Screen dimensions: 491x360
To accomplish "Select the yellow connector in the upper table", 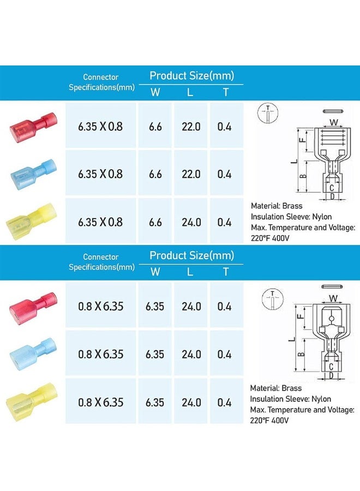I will (31, 221).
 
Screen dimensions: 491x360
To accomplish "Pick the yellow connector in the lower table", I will (32, 403).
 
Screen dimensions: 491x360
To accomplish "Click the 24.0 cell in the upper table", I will (191, 223).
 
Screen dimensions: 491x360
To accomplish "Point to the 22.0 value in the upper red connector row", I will (191, 127).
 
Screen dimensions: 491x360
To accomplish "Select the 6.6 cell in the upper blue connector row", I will (155, 175).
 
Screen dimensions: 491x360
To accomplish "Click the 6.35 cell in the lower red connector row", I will (155, 307).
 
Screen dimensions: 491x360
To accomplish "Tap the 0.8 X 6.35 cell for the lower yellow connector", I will (100, 403).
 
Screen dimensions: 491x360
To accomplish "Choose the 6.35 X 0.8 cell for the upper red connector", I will (100, 127).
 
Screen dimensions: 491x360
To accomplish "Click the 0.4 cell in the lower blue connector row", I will (225, 355).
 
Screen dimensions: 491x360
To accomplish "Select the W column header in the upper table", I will (155, 92).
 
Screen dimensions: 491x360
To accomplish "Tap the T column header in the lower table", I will (225, 271).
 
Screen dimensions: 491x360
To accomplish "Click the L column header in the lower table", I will (190, 271).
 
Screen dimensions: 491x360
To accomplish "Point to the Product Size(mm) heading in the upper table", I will (191, 76).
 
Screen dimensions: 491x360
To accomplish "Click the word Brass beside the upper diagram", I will (292, 206).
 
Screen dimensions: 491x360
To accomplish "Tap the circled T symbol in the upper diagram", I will (268, 111).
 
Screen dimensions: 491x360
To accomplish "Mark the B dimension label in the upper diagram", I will (303, 176).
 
